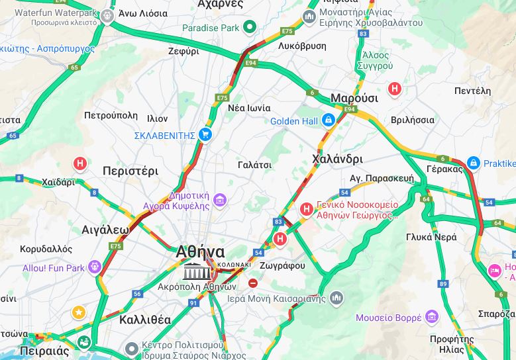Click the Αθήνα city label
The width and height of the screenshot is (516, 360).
click(x=200, y=252)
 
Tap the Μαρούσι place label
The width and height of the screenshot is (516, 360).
click(x=354, y=98)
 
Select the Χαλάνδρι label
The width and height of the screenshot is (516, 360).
click(x=337, y=159)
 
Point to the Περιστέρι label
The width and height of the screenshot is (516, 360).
click(x=130, y=171)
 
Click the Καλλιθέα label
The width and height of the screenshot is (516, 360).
click(x=144, y=320)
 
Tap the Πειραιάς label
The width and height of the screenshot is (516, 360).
click(x=44, y=351)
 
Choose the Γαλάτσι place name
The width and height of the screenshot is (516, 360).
click(x=254, y=165)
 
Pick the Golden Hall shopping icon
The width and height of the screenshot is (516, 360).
click(x=328, y=120)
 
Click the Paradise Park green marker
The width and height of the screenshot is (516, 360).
click(x=250, y=27)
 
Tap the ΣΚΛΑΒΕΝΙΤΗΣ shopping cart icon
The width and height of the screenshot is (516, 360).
click(x=205, y=135)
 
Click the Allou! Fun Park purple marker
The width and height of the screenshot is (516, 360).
click(x=95, y=267)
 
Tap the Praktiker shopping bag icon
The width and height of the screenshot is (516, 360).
click(x=473, y=163)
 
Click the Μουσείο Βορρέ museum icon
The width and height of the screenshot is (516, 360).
click(x=432, y=317)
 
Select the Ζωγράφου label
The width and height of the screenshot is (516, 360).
click(x=283, y=265)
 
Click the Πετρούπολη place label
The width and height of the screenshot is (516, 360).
click(x=110, y=115)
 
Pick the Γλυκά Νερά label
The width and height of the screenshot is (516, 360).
click(x=431, y=237)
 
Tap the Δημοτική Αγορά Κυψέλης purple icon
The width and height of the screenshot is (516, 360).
click(x=219, y=199)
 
